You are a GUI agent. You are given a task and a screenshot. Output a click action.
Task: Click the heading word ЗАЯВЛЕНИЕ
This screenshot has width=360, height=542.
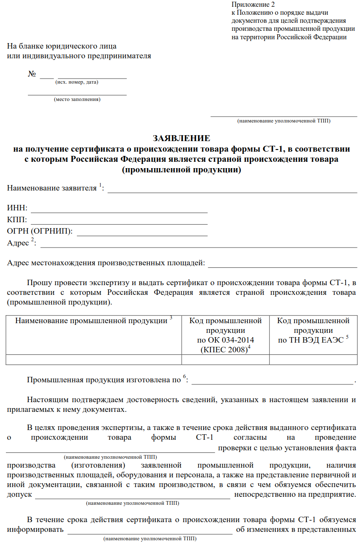[181, 139]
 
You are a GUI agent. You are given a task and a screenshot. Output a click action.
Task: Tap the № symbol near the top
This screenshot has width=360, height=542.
[32, 74]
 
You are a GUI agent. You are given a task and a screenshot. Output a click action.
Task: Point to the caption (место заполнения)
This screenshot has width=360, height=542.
[77, 100]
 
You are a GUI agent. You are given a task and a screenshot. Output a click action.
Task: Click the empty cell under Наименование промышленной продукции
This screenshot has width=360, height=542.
[94, 360]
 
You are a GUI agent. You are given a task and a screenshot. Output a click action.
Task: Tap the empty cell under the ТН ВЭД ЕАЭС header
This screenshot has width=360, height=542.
[313, 360]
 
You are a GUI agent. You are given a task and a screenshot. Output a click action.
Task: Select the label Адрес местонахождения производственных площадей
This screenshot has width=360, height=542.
[106, 263]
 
